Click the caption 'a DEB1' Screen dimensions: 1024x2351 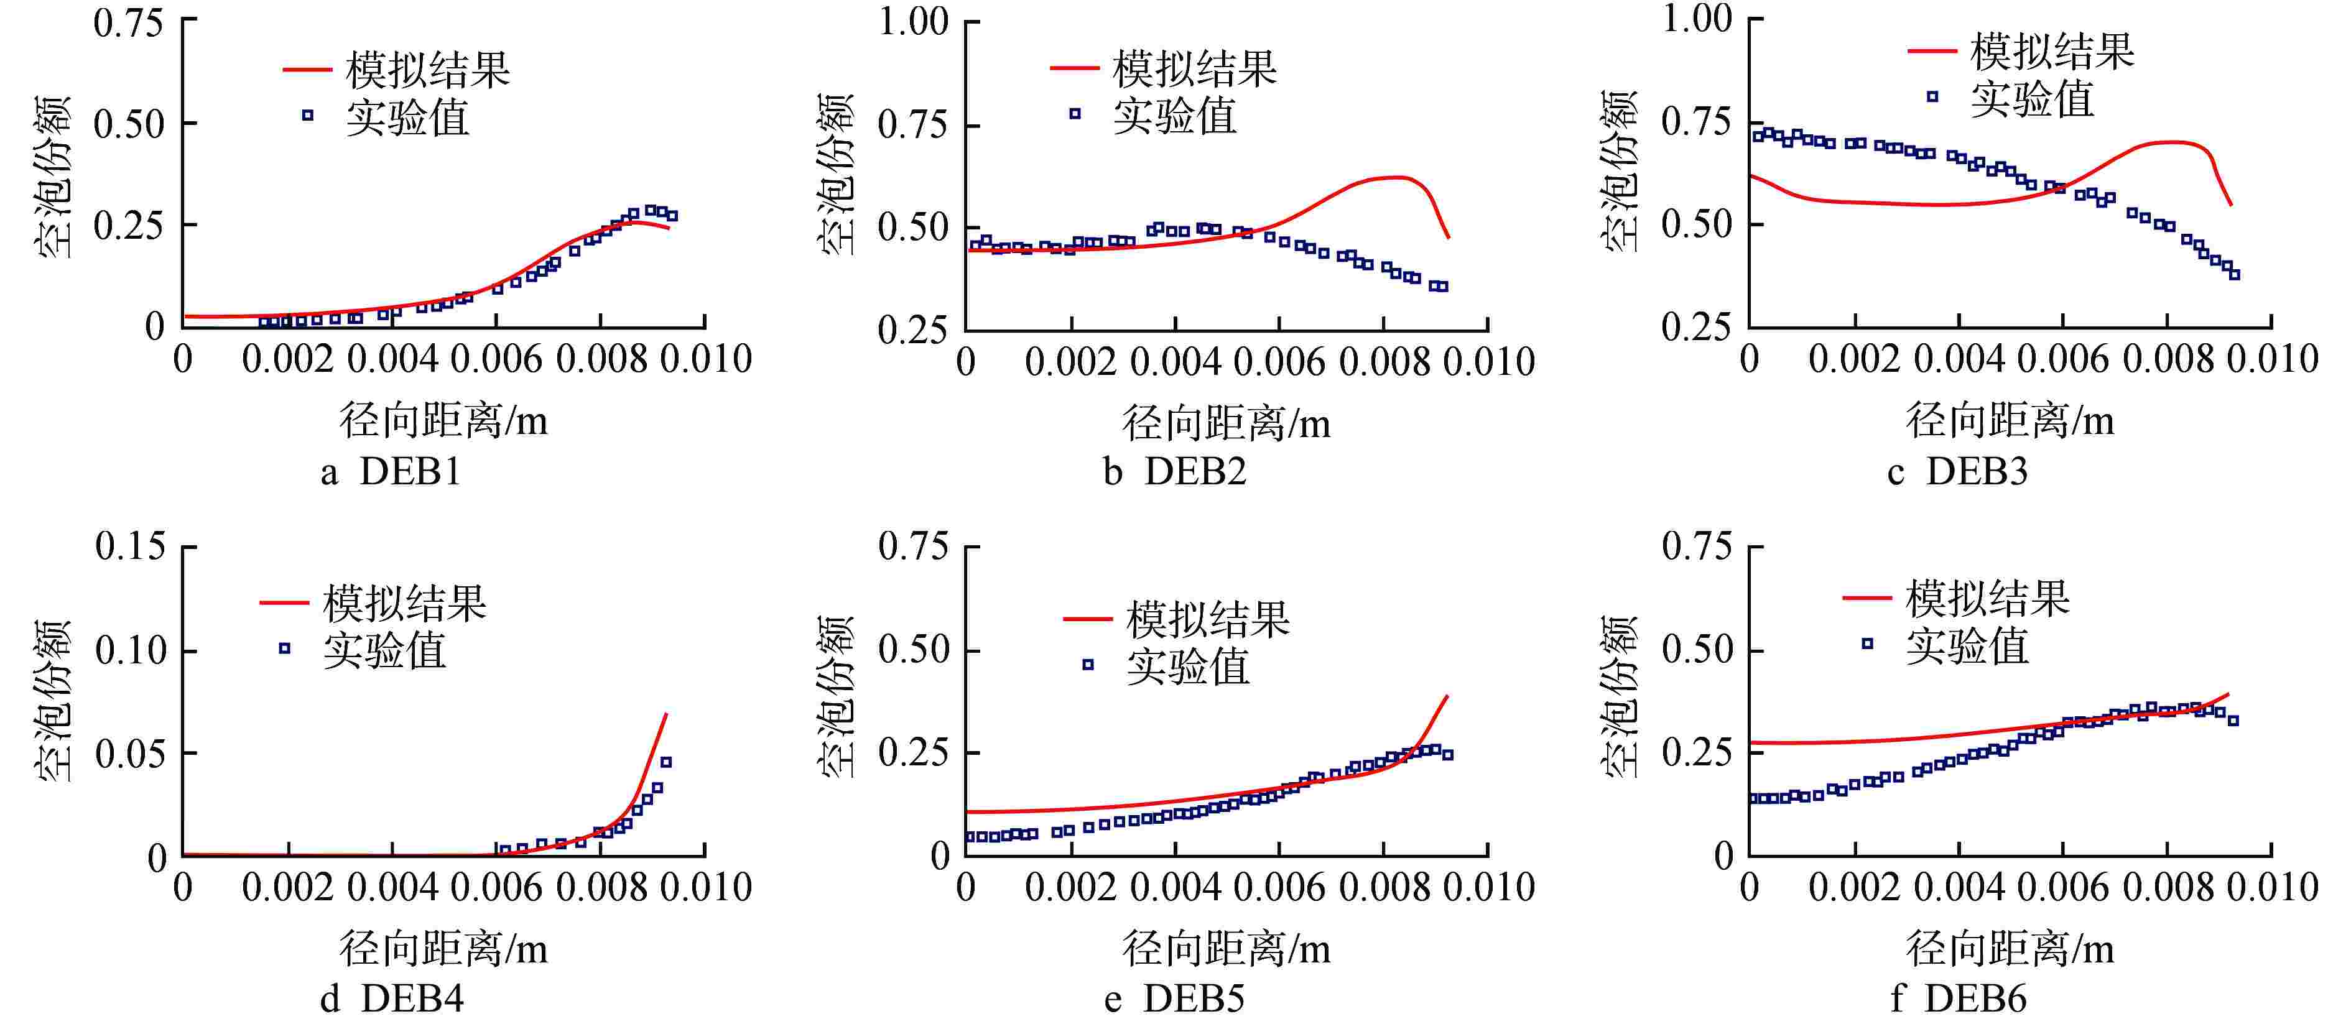click(x=391, y=472)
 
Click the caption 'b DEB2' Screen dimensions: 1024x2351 click(x=1175, y=472)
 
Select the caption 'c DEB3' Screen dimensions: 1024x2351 click(x=1958, y=472)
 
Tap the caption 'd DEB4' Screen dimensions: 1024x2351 click(x=392, y=999)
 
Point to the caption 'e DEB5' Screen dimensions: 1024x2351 click(x=1175, y=999)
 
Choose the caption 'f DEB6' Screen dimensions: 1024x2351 click(x=1959, y=999)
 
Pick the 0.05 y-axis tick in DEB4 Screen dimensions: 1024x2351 click(x=131, y=754)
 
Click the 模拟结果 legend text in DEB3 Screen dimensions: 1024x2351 click(x=2052, y=51)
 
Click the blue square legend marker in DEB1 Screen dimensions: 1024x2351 click(x=308, y=115)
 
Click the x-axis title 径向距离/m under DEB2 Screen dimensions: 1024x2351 click(x=1227, y=423)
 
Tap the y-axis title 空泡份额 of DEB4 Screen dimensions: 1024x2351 click(x=53, y=701)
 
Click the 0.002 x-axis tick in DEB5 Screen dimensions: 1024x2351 click(x=1070, y=888)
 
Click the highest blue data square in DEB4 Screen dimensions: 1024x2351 click(x=666, y=761)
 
